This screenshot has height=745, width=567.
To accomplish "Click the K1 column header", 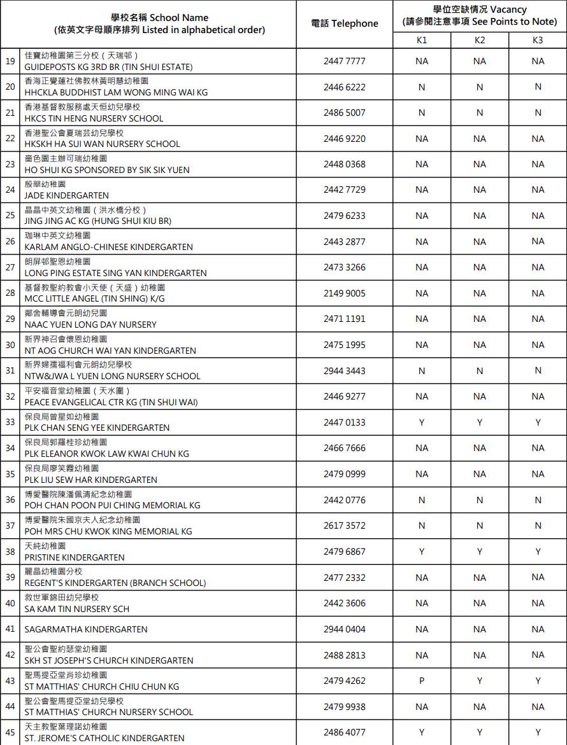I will coord(421,40).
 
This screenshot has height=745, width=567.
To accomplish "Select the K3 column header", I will coord(538,40).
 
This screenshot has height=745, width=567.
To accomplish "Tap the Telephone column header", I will coord(345,24).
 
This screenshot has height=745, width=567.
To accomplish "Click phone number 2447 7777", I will coord(345,61).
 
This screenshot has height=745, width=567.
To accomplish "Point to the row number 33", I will coord(10,422).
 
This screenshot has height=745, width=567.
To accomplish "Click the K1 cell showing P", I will coord(421,681).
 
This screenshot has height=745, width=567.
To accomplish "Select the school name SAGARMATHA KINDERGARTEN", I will coord(86,629).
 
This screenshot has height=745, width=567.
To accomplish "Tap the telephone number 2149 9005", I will coord(345,293).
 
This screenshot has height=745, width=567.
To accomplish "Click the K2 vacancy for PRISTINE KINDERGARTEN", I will coord(480,552).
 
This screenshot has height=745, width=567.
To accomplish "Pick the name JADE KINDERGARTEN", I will coord(67,195).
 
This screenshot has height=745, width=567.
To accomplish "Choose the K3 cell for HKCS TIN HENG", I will coord(538,113).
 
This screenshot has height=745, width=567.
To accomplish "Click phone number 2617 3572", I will coord(345,526).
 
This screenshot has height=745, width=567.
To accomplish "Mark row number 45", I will coord(10,732).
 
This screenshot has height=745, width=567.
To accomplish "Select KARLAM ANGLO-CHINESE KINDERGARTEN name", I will coord(108,247).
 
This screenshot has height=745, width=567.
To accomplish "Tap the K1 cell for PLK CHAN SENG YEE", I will coord(421,422).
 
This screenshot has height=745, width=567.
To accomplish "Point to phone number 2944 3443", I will coord(345,371).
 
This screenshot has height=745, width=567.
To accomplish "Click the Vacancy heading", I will coord(480,10).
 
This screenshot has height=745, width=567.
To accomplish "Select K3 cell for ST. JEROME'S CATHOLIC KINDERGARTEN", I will coord(538,732).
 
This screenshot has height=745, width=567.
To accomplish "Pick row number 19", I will coord(10,61).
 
